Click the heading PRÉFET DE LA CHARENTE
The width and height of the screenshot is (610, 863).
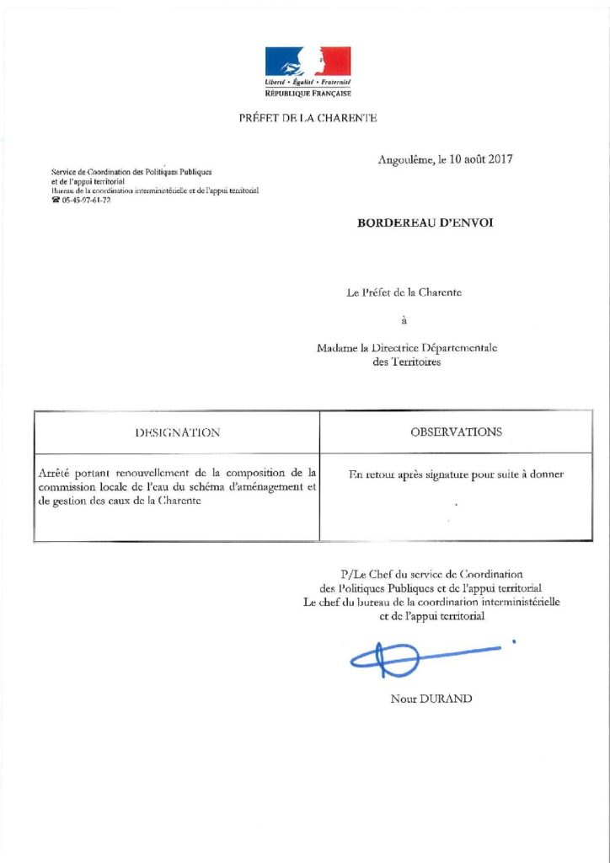click(308, 118)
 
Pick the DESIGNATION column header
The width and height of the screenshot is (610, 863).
click(178, 432)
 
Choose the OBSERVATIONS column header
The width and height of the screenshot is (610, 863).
click(456, 432)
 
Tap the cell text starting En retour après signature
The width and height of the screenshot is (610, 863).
click(456, 474)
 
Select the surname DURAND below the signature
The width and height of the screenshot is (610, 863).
click(450, 699)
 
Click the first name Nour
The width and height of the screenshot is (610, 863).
click(404, 699)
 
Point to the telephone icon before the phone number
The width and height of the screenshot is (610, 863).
click(56, 200)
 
